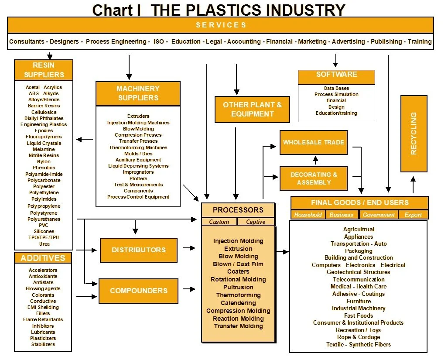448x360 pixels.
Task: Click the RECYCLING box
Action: [x=414, y=134]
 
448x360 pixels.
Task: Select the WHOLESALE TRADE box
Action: [x=313, y=142]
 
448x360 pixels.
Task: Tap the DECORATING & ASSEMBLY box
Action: [x=313, y=178]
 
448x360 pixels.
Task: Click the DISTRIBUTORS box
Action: [x=139, y=250]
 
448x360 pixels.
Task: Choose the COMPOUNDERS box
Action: [x=139, y=291]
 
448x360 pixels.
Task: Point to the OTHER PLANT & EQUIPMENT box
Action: [x=252, y=109]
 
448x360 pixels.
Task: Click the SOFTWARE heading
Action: [x=336, y=75]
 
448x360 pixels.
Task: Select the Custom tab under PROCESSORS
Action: [x=219, y=222]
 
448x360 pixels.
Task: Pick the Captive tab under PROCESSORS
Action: [x=256, y=222]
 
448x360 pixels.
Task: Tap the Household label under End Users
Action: [x=308, y=215]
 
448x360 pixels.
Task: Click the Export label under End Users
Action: [x=413, y=215]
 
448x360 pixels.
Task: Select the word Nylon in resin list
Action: [x=44, y=161]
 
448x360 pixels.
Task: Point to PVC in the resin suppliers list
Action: [x=44, y=225]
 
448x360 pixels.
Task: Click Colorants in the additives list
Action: [x=43, y=295]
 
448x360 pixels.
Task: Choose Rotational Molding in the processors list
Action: [x=238, y=279]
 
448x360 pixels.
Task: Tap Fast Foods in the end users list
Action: [x=359, y=315]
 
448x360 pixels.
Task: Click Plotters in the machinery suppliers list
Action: [x=138, y=178]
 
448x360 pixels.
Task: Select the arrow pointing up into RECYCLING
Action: [x=413, y=183]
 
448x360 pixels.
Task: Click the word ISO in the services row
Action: [x=159, y=42]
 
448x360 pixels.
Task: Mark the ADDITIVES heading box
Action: [x=43, y=258]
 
